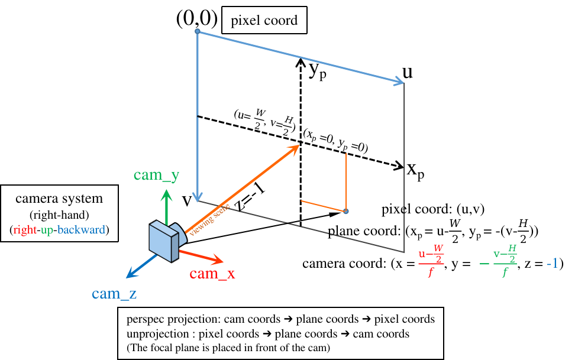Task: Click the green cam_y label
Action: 156,175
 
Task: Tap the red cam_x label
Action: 212,274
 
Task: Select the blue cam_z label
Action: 114,293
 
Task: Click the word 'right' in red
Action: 25,230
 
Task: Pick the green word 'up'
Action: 47,231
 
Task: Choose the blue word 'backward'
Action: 82,230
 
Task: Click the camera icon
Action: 166,240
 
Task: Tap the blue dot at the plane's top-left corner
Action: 198,31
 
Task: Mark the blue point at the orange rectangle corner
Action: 346,211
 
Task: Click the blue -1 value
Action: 552,264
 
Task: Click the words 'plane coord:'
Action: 364,231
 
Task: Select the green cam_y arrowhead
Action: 166,193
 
